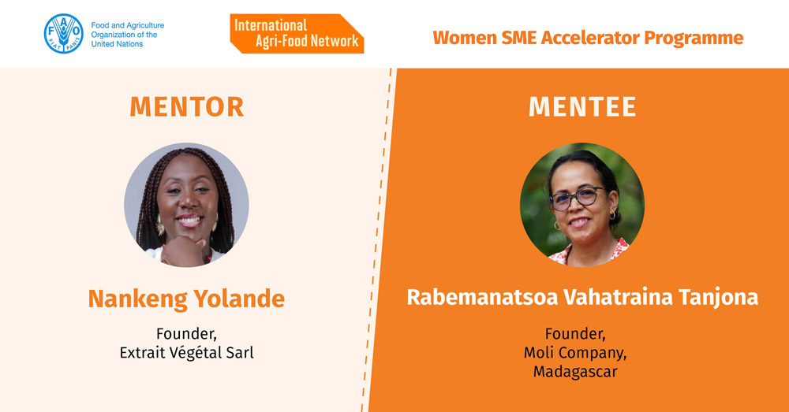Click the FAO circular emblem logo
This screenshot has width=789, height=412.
pyautogui.click(x=63, y=34)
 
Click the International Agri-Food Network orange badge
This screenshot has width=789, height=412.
pyautogui.click(x=297, y=34)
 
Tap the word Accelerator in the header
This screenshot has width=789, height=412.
pyautogui.click(x=590, y=38)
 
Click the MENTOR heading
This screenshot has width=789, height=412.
pyautogui.click(x=187, y=106)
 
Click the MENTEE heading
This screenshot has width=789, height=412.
pyautogui.click(x=582, y=106)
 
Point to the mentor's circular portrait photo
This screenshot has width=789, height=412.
pyautogui.click(x=186, y=205)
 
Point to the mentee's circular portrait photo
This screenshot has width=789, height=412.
pyautogui.click(x=582, y=204)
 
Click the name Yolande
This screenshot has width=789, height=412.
pyautogui.click(x=240, y=299)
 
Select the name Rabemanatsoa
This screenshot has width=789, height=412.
pyautogui.click(x=482, y=297)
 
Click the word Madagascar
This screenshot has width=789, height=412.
pyautogui.click(x=575, y=372)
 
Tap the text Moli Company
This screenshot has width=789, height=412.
pyautogui.click(x=575, y=353)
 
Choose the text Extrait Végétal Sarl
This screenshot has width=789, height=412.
pyautogui.click(x=187, y=353)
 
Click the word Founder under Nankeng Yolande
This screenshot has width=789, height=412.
pyautogui.click(x=186, y=334)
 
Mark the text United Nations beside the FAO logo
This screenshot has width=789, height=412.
pyautogui.click(x=117, y=44)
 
